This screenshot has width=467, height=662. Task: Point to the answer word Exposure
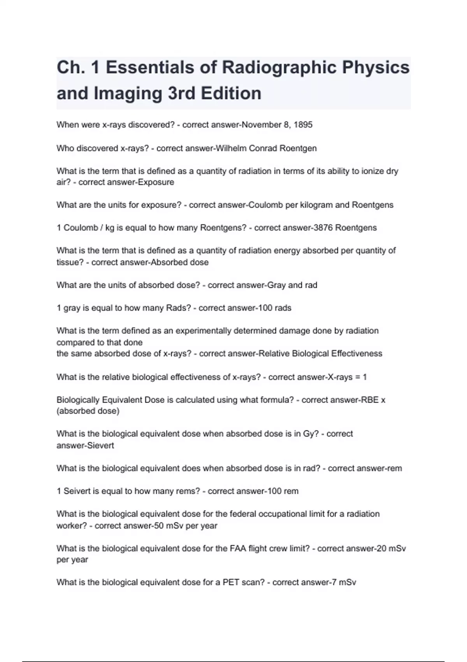point(156,182)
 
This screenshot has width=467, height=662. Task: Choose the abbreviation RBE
point(370,400)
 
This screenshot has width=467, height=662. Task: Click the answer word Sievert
point(100,445)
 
